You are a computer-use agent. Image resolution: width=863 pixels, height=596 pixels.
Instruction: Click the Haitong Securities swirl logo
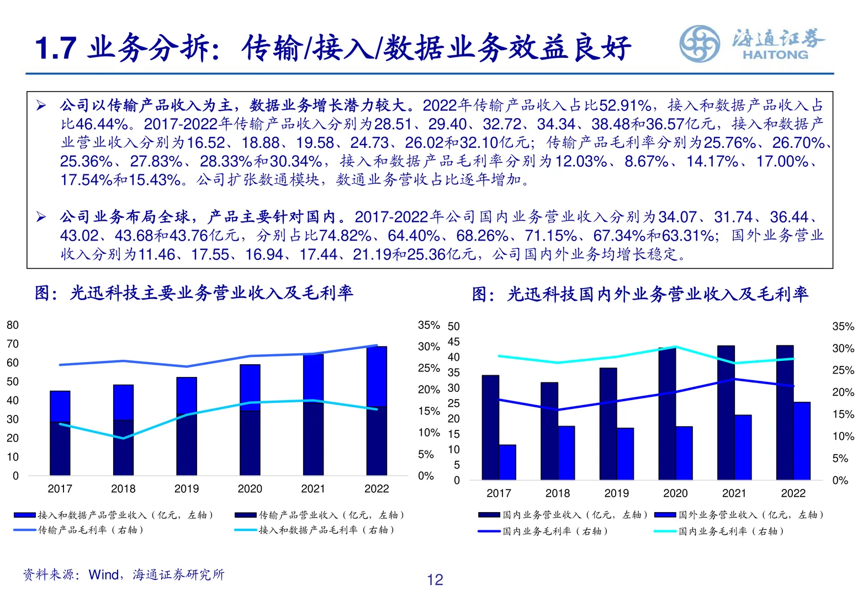pos(699,44)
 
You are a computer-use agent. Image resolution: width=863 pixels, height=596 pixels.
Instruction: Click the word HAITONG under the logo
pos(775,55)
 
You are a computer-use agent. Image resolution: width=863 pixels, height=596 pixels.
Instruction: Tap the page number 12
pos(435,579)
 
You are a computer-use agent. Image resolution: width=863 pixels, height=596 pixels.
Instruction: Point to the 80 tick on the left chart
pos(13,325)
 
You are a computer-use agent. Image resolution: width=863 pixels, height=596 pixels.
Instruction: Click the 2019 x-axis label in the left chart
pos(187,489)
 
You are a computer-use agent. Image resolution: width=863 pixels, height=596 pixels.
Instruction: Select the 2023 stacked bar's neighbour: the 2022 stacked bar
pos(377,411)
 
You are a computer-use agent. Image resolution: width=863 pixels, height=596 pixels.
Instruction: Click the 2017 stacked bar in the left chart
pos(60,433)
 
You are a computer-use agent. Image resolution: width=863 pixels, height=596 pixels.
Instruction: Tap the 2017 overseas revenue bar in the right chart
pos(507,462)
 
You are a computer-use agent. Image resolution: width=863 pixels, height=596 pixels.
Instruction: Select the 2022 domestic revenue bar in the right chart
pos(785,412)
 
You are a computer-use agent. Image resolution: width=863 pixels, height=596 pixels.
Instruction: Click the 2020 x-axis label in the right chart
pos(675,493)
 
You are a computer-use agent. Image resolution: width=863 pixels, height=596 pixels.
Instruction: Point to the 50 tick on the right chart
pos(453,326)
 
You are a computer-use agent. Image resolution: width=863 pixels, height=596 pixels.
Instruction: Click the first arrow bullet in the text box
pos(41,105)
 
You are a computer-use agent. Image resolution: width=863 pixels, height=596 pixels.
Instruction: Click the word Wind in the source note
pos(103,575)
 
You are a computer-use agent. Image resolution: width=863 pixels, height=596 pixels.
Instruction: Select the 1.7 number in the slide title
pos(55,48)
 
